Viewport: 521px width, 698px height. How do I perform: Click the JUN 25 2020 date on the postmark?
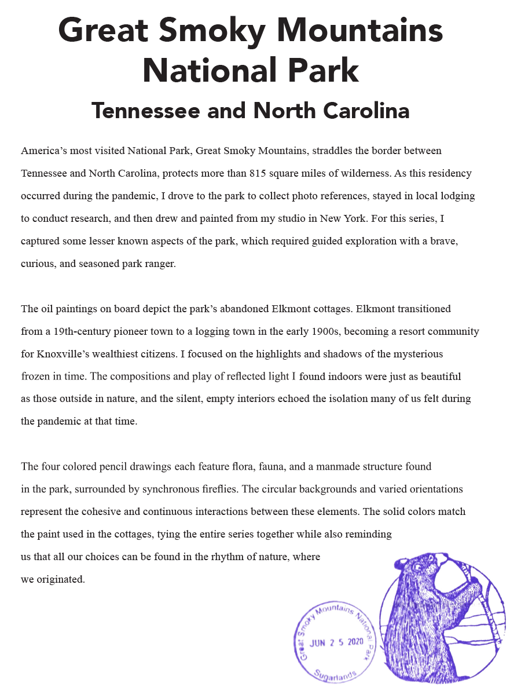(336, 642)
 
